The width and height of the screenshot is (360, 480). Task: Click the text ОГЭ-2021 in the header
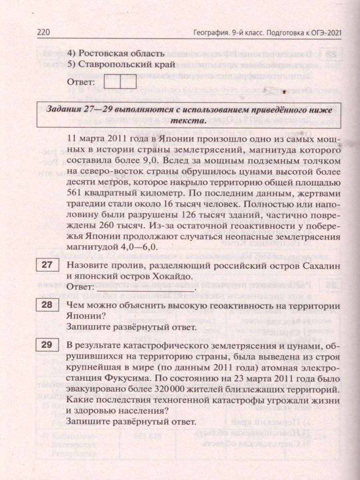coord(324,33)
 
